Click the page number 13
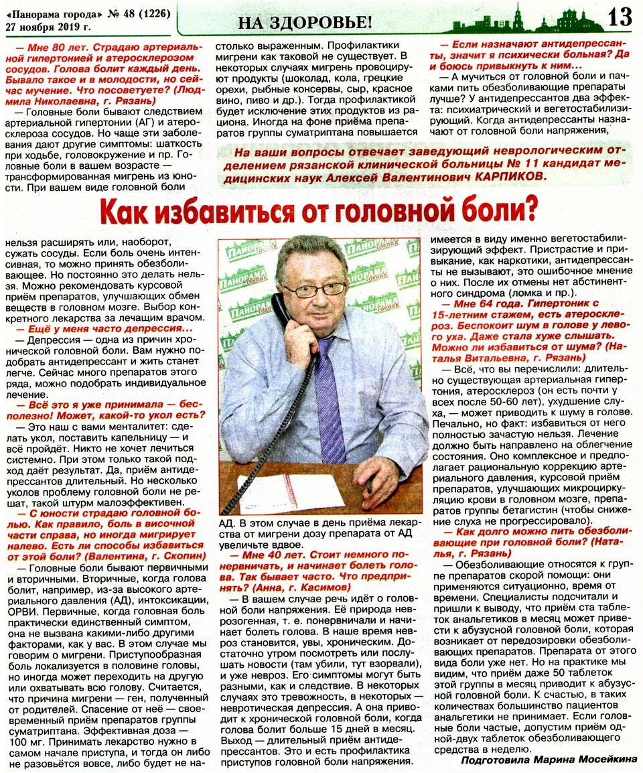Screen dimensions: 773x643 (620, 17)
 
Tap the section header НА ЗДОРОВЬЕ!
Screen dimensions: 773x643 (304, 21)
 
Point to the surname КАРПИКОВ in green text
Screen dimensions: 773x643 (508, 176)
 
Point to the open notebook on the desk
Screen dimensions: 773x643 (281, 492)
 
